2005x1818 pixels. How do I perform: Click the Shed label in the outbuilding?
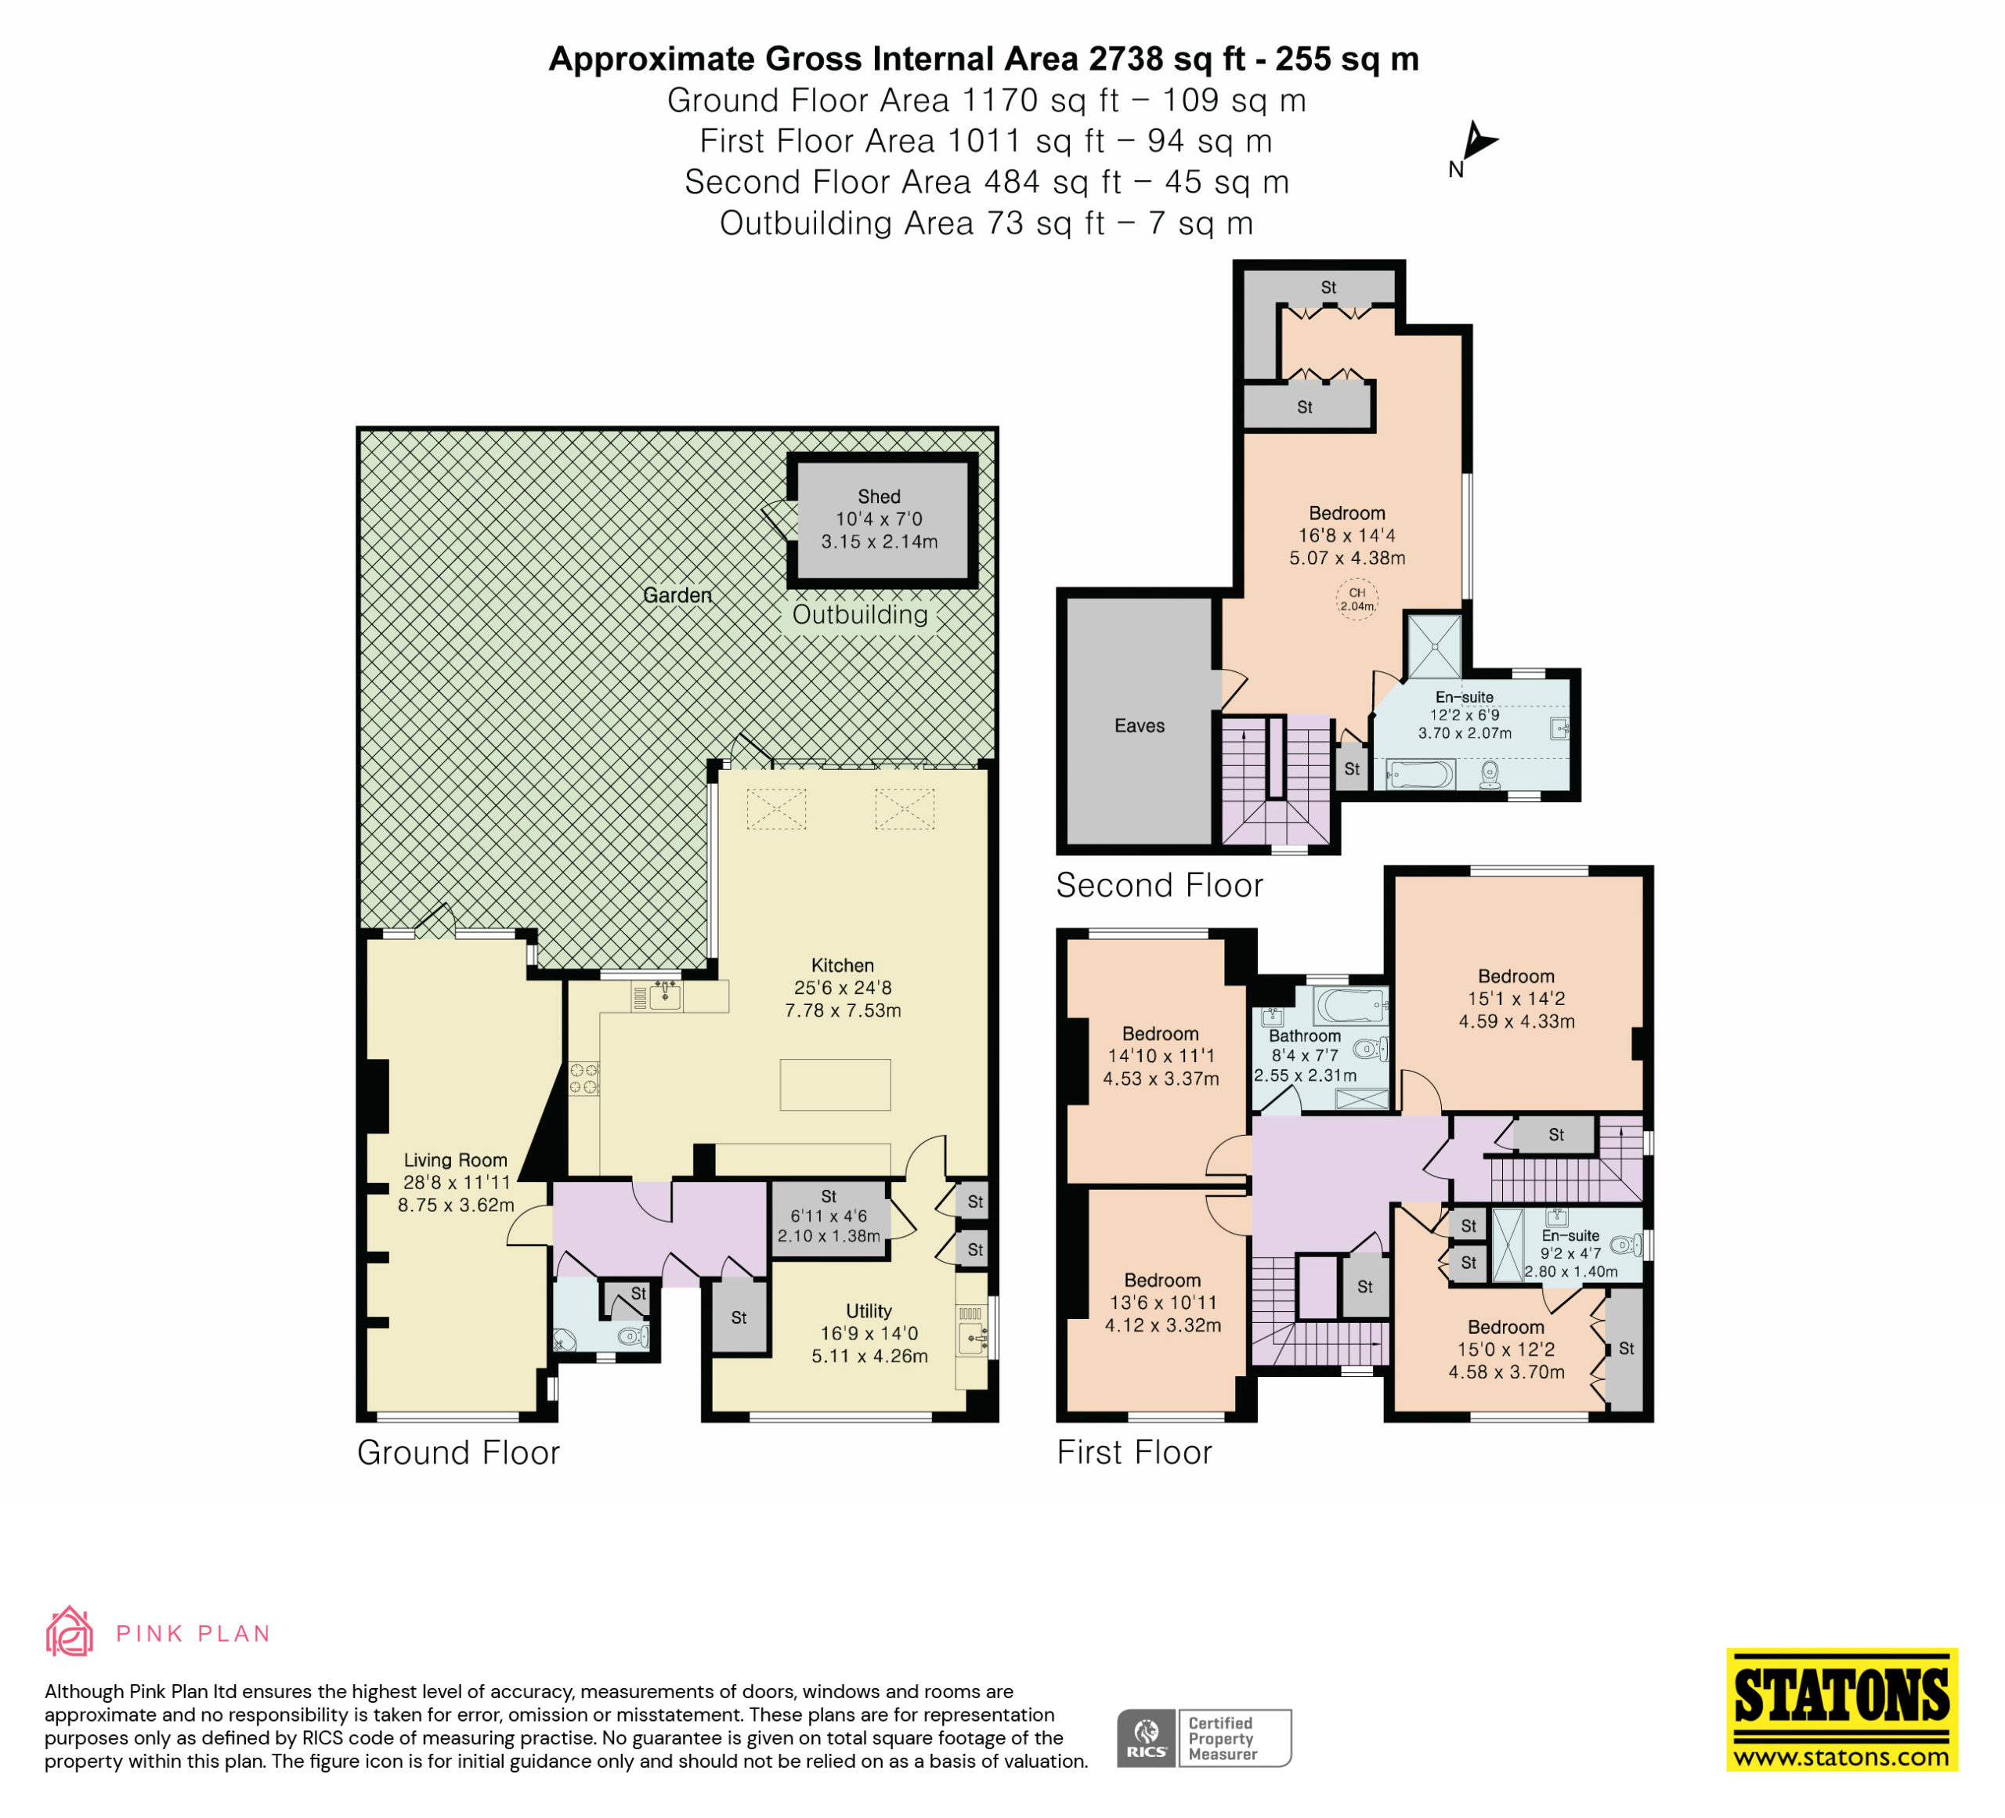tap(880, 497)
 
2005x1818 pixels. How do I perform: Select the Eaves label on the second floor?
tap(1139, 726)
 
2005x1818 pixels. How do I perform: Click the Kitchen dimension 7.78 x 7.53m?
tap(843, 1010)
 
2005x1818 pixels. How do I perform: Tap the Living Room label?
tap(456, 1159)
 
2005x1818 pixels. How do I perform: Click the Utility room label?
tap(869, 1310)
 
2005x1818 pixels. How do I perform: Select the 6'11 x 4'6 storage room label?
tap(829, 1216)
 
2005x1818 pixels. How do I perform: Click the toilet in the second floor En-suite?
tap(1490, 774)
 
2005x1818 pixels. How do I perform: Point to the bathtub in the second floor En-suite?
tap(1422, 775)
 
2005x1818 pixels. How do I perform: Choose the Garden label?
tap(677, 595)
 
